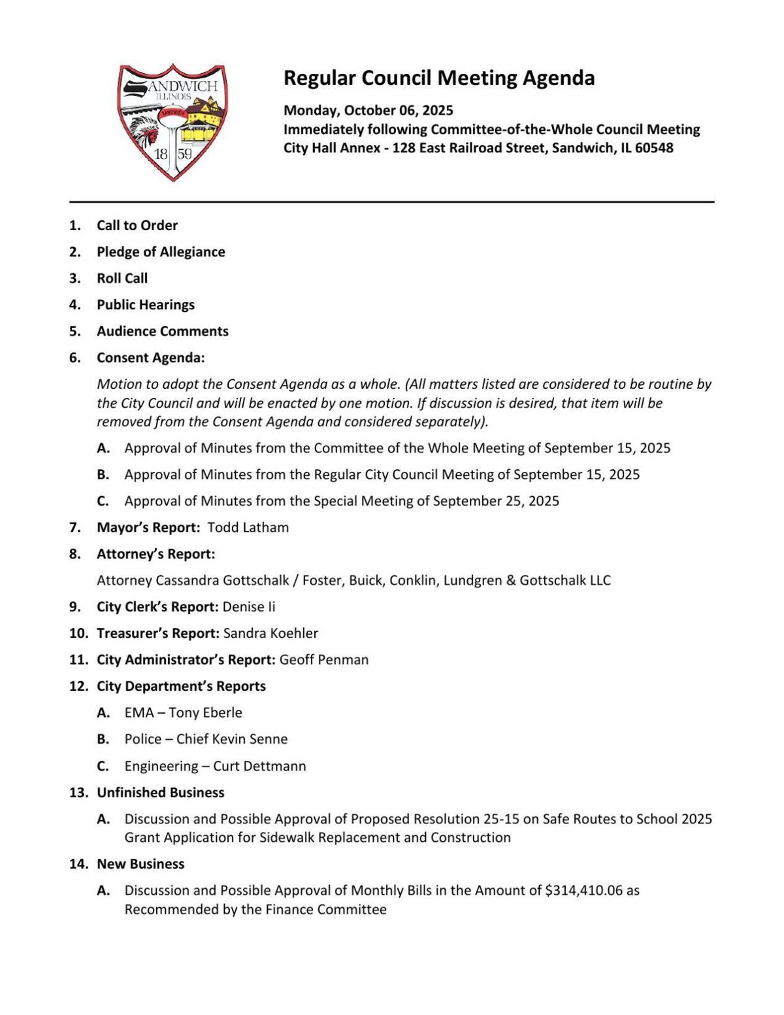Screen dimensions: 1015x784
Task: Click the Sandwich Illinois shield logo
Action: (172, 122)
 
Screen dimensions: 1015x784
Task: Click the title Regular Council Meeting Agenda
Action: (438, 78)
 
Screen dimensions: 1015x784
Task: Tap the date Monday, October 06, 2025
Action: (368, 110)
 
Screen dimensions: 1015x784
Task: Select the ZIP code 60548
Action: (653, 148)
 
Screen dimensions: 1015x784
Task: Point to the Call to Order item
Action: (137, 225)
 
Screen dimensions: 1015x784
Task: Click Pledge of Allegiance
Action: (161, 252)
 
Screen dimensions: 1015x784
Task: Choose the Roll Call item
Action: (122, 278)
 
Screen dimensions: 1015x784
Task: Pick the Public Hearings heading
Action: (146, 305)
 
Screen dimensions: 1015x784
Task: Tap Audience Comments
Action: (163, 331)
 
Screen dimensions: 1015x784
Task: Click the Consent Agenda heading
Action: (150, 358)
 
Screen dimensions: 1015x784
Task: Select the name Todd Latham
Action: (248, 527)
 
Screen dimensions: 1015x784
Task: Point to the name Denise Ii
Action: (249, 607)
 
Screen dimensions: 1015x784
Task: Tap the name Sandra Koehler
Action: (270, 633)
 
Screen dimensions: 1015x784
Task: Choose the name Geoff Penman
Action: (323, 660)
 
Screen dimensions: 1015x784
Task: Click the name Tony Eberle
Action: (205, 713)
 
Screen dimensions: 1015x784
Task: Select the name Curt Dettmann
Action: (259, 766)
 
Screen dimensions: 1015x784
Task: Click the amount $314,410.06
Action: (583, 890)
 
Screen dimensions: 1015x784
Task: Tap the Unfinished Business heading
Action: (160, 793)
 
